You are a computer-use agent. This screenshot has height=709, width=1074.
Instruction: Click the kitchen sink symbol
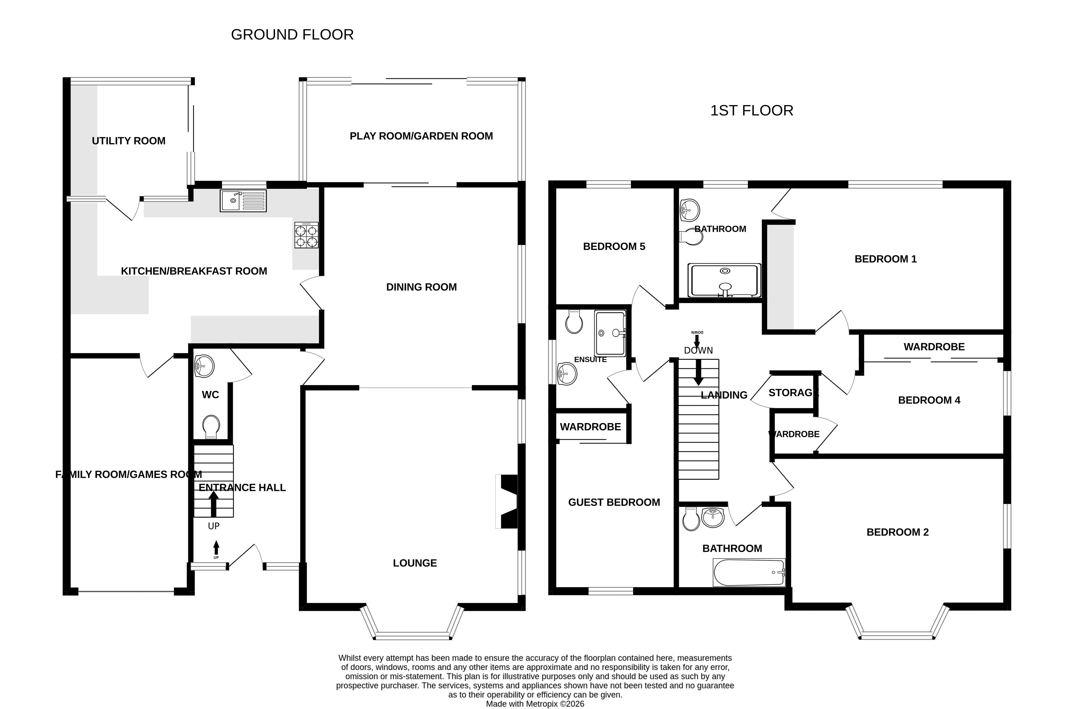(243, 201)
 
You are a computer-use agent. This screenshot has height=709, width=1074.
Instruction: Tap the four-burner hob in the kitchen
(306, 235)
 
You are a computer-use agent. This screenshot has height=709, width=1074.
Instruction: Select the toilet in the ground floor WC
(211, 427)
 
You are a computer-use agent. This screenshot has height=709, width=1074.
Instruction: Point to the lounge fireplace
(507, 501)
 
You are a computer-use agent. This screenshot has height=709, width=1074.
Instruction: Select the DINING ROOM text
(422, 287)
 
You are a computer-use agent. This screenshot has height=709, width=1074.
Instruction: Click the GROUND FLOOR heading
(292, 35)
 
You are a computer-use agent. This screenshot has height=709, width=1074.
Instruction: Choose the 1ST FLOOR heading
(752, 111)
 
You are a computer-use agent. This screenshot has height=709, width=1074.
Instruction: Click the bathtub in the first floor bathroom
(749, 572)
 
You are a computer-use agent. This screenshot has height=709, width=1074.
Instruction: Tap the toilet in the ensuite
(574, 321)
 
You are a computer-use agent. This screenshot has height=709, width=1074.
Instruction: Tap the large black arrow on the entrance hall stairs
(214, 504)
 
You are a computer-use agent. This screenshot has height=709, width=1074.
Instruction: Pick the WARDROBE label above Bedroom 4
(934, 347)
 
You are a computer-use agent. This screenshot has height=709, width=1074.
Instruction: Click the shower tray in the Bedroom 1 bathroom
(725, 281)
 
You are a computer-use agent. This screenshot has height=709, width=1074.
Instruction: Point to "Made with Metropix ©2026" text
(535, 704)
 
